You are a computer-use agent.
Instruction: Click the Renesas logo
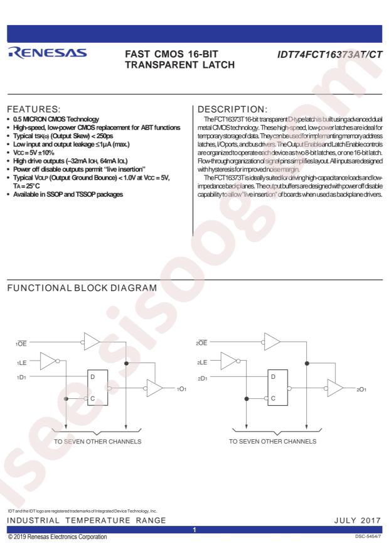(x=47, y=52)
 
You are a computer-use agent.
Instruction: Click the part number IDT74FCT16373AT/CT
(x=329, y=55)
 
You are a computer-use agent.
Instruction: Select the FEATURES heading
(x=34, y=109)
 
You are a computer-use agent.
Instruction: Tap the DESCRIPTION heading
(x=233, y=109)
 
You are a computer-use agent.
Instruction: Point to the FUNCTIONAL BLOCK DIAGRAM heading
(x=82, y=288)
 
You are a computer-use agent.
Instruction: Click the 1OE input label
(x=21, y=344)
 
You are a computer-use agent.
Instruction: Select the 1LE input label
(x=22, y=363)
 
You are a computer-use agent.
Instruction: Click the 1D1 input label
(x=21, y=377)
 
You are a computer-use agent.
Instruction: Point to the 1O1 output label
(x=181, y=389)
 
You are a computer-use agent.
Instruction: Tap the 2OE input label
(x=201, y=342)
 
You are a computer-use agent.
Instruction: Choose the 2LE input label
(x=202, y=363)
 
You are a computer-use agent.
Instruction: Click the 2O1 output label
(x=361, y=390)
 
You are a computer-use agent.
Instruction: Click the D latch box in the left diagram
(x=97, y=387)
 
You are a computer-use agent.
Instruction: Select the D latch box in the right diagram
(x=278, y=387)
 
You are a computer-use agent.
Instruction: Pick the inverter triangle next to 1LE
(x=48, y=361)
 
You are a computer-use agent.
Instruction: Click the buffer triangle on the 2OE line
(x=272, y=342)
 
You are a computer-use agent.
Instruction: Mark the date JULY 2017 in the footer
(x=358, y=520)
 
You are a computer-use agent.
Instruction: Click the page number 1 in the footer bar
(x=194, y=530)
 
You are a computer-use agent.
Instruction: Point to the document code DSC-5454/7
(x=368, y=537)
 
